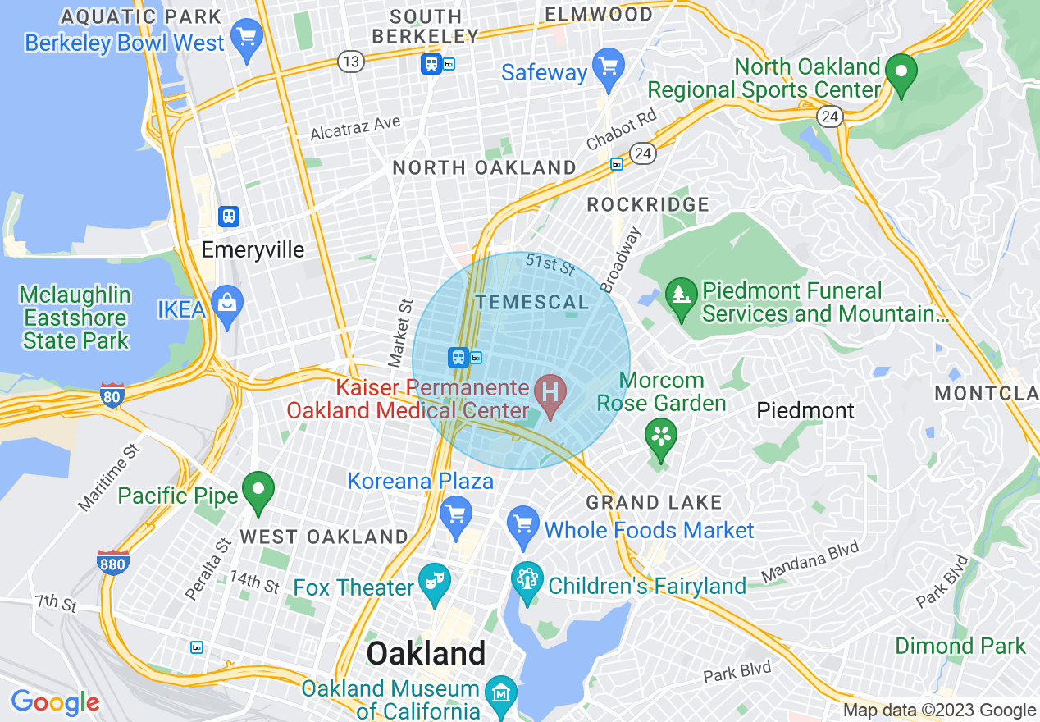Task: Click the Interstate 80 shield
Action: click(112, 396)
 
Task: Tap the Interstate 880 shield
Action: click(112, 564)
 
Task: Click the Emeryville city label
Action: click(253, 249)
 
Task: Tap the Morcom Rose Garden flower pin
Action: click(660, 437)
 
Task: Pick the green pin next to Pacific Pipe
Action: click(259, 491)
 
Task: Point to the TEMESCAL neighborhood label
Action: click(532, 302)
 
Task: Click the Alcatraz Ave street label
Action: click(356, 128)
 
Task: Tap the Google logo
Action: click(55, 702)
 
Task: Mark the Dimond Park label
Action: click(960, 646)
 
